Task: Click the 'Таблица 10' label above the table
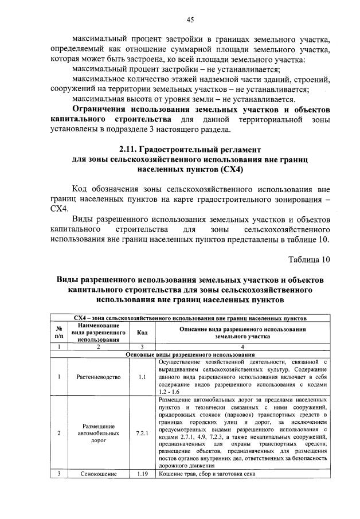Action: (308, 259)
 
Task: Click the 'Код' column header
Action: (141, 333)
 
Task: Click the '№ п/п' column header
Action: (58, 333)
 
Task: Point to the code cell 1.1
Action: (141, 377)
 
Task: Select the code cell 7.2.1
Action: (141, 433)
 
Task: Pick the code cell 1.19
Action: (141, 474)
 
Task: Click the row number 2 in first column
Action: (58, 433)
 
